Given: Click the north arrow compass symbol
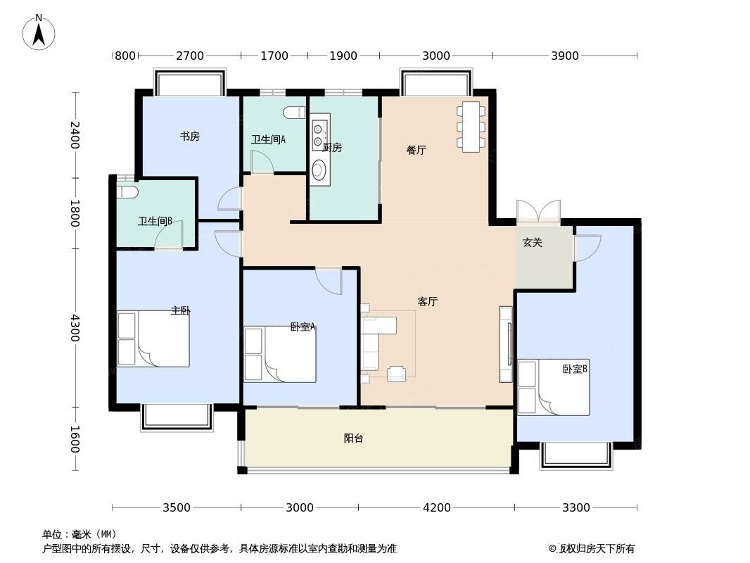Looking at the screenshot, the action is [x=39, y=32].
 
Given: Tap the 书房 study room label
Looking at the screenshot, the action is [x=189, y=137].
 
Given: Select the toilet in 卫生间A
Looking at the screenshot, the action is [x=294, y=113].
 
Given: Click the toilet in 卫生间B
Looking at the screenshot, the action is [x=128, y=192].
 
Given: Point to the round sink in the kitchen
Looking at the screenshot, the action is [x=319, y=169].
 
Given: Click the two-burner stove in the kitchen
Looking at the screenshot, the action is [x=319, y=134].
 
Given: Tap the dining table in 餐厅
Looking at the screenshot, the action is [x=471, y=127].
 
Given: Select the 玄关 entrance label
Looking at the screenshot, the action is [x=533, y=243].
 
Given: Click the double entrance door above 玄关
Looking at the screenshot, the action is [x=539, y=211].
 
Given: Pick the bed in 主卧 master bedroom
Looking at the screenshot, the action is [x=153, y=339].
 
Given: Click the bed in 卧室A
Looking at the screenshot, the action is [x=280, y=355].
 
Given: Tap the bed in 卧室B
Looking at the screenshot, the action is [x=554, y=388].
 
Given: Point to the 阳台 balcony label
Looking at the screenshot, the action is [x=353, y=438].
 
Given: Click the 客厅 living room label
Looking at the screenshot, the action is [x=428, y=301].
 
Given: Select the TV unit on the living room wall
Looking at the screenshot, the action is [x=506, y=344].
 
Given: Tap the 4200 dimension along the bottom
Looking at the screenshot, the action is [x=437, y=507].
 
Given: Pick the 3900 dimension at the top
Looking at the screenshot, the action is [x=565, y=56].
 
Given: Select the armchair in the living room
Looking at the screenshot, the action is [x=397, y=374].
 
